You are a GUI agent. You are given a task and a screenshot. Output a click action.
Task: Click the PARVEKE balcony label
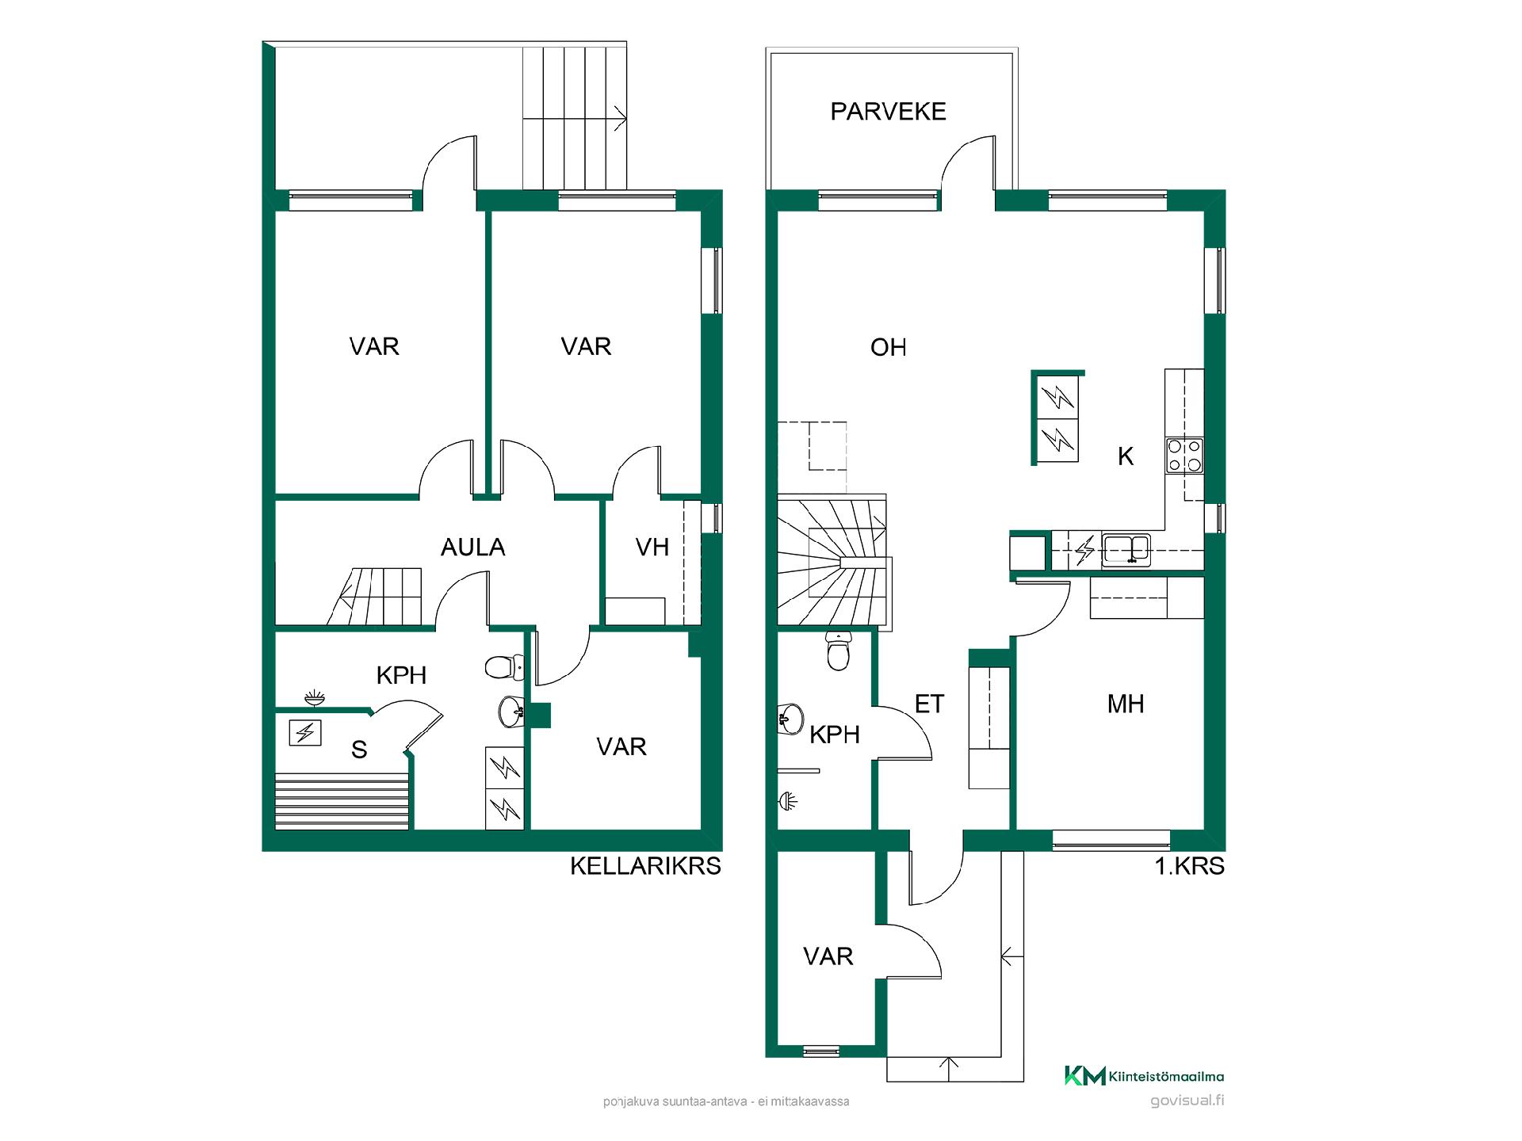point(888,112)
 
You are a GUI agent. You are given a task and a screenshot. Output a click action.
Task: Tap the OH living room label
point(888,347)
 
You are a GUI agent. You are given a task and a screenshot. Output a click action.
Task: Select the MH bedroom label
point(1126,704)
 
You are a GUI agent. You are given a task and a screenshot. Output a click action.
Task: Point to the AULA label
point(472,547)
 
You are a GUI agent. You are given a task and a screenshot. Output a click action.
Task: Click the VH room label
point(652,547)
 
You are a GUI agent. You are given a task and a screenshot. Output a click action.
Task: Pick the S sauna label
point(359,750)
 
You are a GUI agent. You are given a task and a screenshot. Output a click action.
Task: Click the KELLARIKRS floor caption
point(645,866)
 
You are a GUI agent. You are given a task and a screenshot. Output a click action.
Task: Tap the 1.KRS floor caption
point(1189,866)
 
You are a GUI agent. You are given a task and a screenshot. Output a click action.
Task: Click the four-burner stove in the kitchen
point(1184,456)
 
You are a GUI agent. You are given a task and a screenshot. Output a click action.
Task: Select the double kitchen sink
point(1126,549)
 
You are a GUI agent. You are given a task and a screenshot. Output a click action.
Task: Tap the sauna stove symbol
point(304,732)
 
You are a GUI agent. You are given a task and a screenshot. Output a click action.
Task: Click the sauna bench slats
point(342,802)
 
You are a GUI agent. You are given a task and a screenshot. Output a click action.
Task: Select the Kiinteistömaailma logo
point(1144,1075)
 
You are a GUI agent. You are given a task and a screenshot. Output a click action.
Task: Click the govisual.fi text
point(1187,1101)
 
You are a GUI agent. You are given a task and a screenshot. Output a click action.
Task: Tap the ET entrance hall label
point(929,704)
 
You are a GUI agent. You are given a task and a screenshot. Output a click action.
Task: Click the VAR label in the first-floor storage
point(828,956)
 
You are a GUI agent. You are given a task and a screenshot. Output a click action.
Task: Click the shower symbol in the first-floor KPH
point(787,802)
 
